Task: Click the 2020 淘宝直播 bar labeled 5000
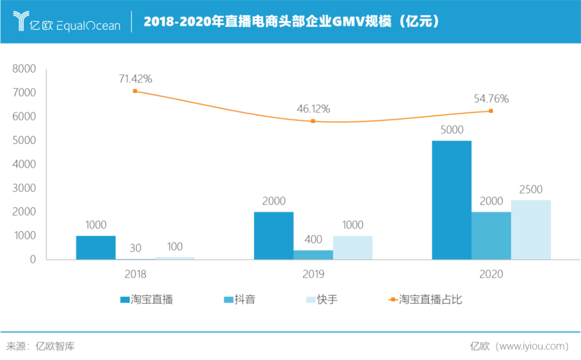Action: (451, 200)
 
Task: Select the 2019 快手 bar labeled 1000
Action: (353, 247)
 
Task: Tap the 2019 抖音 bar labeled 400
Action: (313, 254)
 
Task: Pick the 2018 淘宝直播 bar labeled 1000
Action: (96, 247)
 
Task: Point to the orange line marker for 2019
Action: (313, 121)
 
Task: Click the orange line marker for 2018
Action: (135, 91)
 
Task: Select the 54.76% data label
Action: (491, 99)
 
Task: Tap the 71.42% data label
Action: (135, 78)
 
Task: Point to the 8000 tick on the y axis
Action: (24, 69)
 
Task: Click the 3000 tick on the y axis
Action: (24, 188)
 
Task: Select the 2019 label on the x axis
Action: (313, 274)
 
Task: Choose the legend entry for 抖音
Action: (239, 300)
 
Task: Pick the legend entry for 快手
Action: (321, 300)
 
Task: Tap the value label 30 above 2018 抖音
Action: (135, 248)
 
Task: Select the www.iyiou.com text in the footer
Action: (532, 347)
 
